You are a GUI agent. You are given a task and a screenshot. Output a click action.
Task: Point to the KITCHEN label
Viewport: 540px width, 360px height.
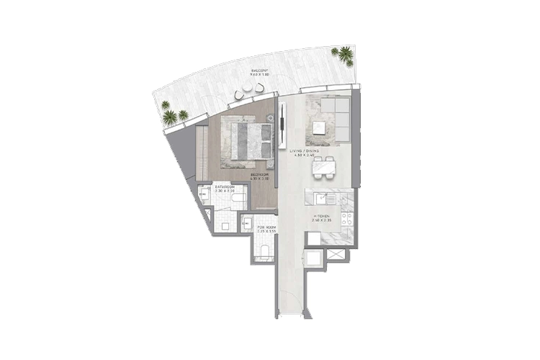pyautogui.click(x=321, y=215)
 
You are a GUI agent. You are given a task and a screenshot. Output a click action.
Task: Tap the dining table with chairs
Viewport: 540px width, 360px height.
pyautogui.click(x=323, y=167)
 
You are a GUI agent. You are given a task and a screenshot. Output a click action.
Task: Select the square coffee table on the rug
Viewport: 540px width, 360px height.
pyautogui.click(x=319, y=128)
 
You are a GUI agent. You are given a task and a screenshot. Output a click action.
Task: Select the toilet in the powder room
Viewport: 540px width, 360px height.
pyautogui.click(x=264, y=251)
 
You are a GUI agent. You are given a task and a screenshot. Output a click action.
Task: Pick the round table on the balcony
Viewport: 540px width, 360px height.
pyautogui.click(x=248, y=87)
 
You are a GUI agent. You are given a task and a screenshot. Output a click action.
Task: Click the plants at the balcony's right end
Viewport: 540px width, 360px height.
pyautogui.click(x=345, y=54)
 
